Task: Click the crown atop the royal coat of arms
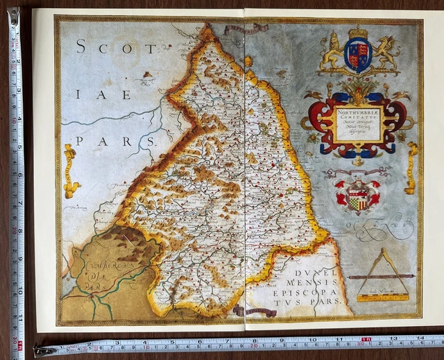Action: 358,33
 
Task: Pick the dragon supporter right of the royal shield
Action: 385,54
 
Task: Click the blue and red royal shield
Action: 358,55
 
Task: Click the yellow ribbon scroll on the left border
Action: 69,171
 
